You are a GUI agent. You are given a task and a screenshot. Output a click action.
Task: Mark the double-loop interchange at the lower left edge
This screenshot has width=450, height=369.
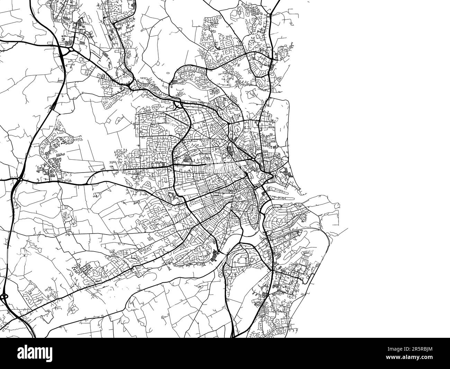point(4,297)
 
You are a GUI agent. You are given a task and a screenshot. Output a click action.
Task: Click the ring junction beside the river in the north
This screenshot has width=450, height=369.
point(177,103)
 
